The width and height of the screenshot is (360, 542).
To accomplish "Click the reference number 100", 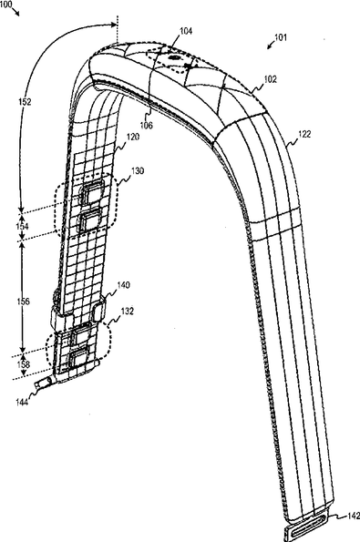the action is (x=5, y=5).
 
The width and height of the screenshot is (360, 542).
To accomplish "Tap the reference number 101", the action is (x=281, y=37).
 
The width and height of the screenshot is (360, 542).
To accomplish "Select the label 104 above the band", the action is (x=186, y=31).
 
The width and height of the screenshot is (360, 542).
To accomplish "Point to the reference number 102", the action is (x=271, y=79).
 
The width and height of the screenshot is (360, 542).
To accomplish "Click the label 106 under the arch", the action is (x=147, y=125).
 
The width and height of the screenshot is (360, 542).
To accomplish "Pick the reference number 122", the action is (x=304, y=134).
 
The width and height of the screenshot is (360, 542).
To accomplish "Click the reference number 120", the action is (x=133, y=137).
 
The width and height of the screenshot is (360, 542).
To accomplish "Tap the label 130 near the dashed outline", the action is (x=138, y=170).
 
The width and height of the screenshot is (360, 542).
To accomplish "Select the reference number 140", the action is (x=123, y=285).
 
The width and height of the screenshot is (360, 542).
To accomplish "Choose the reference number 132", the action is (x=127, y=312).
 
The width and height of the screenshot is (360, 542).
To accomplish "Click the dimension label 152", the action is (x=25, y=102).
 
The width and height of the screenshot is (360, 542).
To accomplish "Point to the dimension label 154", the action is (x=22, y=227).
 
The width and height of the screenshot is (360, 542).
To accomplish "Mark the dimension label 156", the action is (x=23, y=302).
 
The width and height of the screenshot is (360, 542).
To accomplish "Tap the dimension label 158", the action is (x=23, y=364).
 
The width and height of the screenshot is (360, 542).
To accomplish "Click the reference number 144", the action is (x=22, y=402).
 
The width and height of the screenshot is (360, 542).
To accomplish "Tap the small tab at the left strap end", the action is (x=43, y=383).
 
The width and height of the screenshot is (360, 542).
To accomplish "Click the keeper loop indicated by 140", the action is (x=99, y=310).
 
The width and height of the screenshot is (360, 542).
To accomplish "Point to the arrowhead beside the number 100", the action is (x=17, y=14).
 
